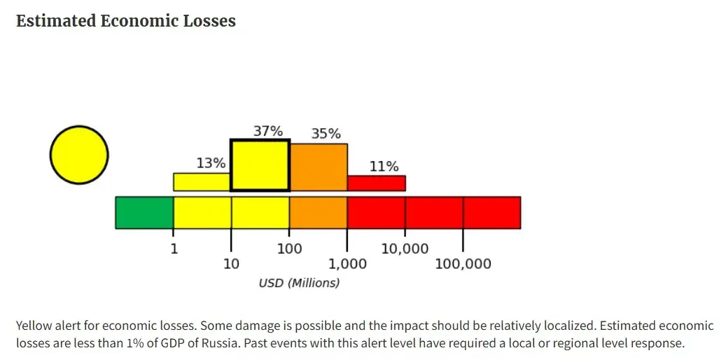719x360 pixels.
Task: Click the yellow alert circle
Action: tap(79, 155)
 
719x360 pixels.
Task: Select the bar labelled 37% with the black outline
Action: tap(260, 165)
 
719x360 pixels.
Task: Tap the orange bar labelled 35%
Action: tap(319, 167)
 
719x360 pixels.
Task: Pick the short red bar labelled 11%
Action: tap(376, 183)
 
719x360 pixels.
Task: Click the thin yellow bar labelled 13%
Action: tap(202, 182)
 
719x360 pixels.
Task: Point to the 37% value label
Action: tap(267, 131)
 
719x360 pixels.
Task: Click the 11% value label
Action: tap(384, 167)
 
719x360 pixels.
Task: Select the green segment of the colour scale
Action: tap(144, 212)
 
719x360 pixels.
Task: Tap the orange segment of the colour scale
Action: tap(318, 212)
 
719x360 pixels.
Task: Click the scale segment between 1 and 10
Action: tap(202, 212)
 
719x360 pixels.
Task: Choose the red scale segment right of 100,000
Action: tap(491, 212)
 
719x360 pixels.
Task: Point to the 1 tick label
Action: tap(174, 249)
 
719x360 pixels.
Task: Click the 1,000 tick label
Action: tap(347, 264)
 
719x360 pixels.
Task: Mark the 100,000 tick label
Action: tap(463, 264)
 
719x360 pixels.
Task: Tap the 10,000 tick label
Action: tap(405, 249)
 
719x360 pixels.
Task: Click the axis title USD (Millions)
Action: tap(299, 283)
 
